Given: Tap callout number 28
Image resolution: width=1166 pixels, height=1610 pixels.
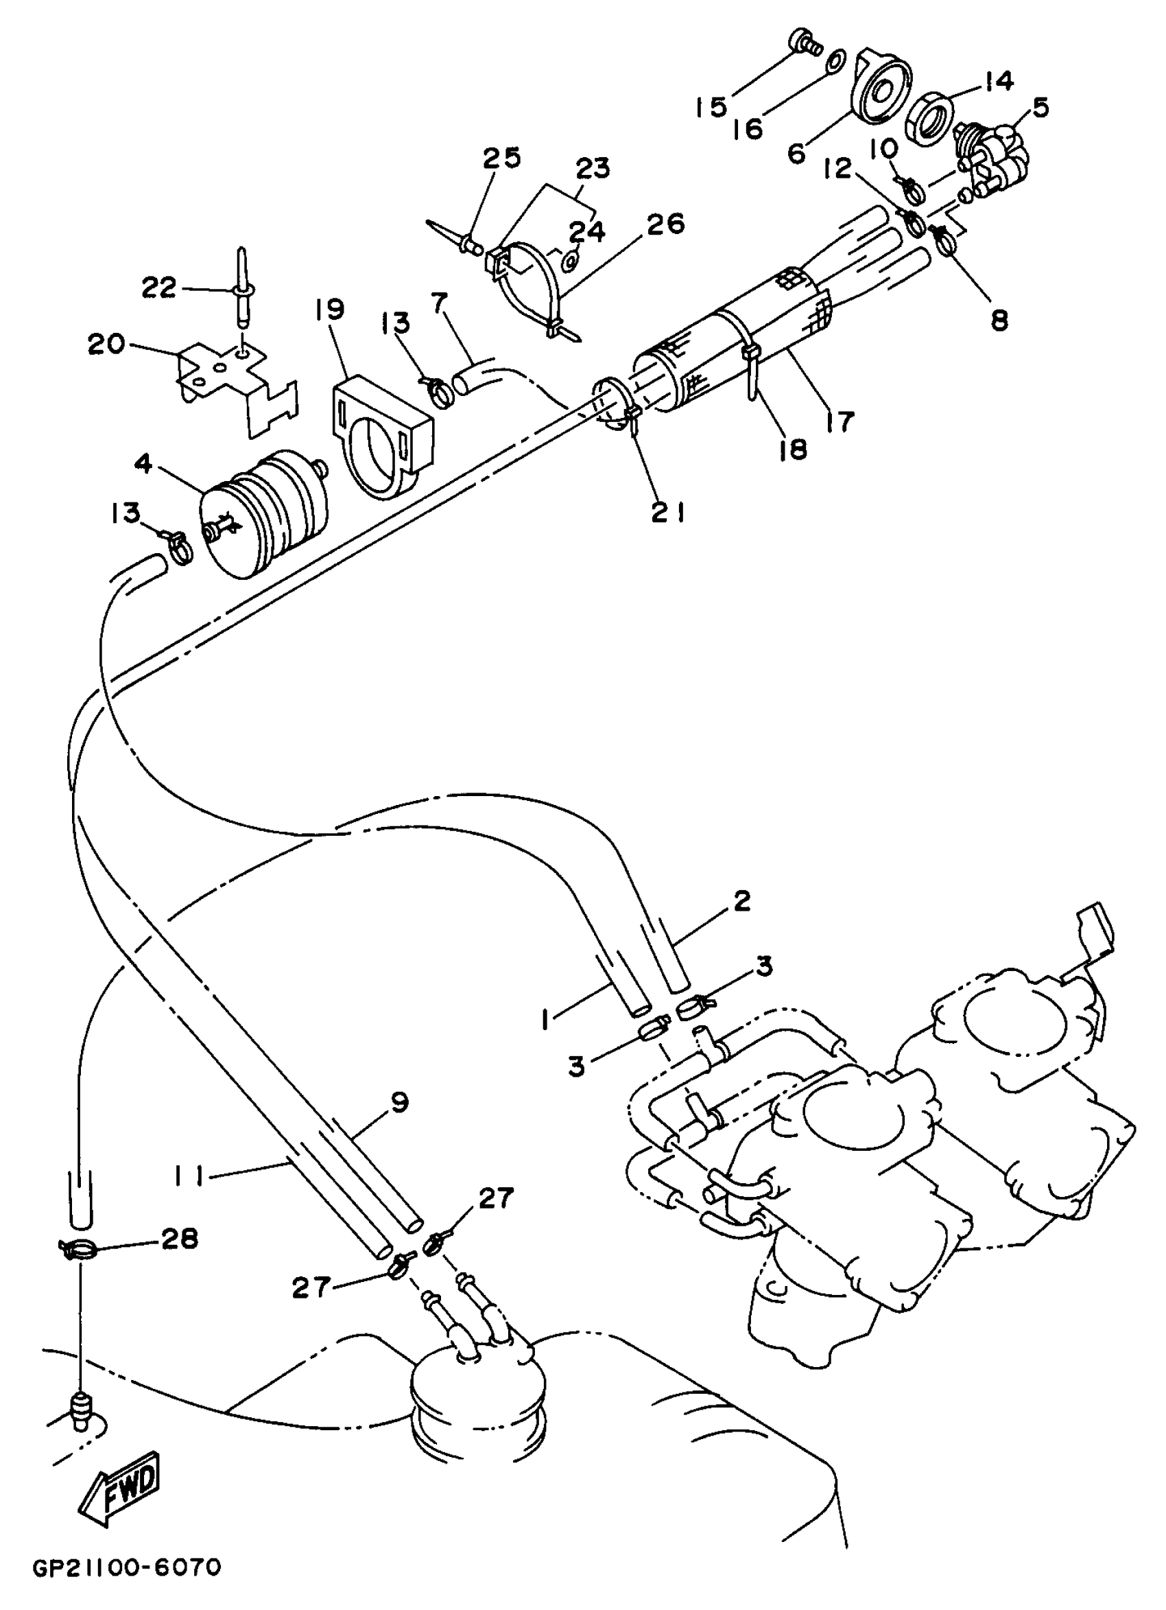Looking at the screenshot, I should pos(178,1239).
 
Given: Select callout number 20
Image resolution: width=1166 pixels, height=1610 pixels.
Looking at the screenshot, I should pos(106,345).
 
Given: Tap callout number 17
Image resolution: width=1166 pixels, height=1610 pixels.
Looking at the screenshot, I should pos(838,421).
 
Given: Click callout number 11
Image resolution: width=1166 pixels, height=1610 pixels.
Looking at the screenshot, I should pos(188,1177).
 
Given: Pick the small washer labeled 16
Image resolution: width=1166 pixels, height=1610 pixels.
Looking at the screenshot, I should pos(837,58).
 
